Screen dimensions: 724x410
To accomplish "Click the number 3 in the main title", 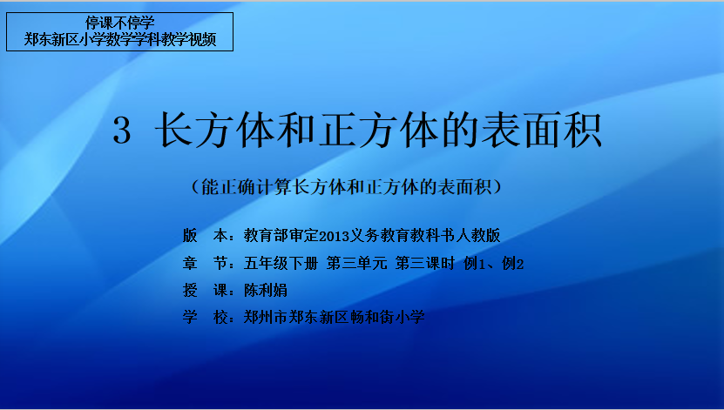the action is pos(122,131).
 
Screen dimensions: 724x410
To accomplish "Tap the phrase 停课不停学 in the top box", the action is pos(119,23).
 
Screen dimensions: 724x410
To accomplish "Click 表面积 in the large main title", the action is pos(542,131).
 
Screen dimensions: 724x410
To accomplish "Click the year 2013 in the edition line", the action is pos(334,236).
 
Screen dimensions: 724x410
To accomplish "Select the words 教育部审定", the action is pos(281,236).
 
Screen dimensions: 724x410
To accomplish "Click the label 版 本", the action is pos(205,236).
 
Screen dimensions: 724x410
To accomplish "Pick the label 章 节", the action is pos(205,264).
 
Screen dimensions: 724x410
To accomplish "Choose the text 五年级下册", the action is pos(281,264).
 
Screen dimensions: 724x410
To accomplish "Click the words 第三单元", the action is pos(356,264).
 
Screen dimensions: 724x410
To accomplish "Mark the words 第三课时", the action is pos(425,264).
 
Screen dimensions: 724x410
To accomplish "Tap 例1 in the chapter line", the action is pos(474,264).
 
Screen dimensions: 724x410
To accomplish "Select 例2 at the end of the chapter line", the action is pos(513,264).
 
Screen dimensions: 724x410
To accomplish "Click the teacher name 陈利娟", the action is pos(266,290).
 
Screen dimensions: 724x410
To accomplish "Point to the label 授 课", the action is pos(205,290).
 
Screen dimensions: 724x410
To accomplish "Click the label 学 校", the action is pos(205,317).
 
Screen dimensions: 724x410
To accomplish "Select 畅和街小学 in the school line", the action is pos(388,317).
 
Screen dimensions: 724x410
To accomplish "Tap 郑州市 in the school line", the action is pos(266,317).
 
